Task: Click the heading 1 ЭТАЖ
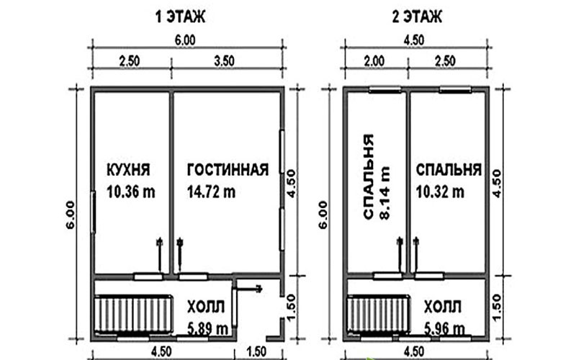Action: click(x=180, y=17)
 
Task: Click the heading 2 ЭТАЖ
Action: click(x=417, y=17)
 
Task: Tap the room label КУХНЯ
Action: click(x=129, y=170)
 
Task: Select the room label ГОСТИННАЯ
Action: click(x=228, y=170)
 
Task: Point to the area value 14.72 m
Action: click(x=211, y=192)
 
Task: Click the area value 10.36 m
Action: click(x=131, y=192)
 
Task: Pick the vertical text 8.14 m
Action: click(x=384, y=193)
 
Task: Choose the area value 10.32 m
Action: click(x=440, y=192)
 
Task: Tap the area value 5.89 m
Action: click(x=207, y=329)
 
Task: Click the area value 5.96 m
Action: click(x=444, y=329)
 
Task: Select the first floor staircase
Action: click(x=133, y=314)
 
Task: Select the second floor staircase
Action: click(x=379, y=314)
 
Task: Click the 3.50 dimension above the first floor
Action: click(x=224, y=61)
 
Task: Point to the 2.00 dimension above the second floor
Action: click(x=374, y=61)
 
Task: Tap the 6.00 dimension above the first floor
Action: click(x=185, y=40)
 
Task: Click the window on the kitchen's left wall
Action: click(x=94, y=212)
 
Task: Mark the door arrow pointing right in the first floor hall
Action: click(x=248, y=289)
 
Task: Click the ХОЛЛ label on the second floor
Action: click(x=443, y=307)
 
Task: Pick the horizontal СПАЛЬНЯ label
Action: click(x=449, y=170)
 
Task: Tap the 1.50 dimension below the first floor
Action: click(x=256, y=351)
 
